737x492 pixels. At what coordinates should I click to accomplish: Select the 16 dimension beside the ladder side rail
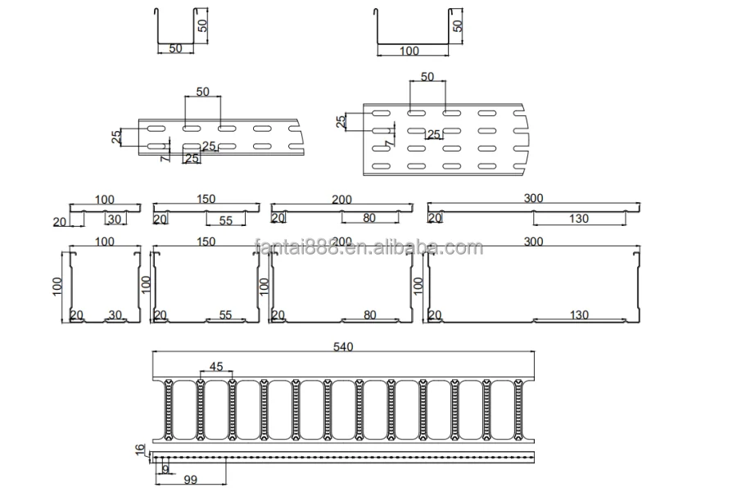[139, 449]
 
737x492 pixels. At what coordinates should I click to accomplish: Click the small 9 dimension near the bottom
[165, 470]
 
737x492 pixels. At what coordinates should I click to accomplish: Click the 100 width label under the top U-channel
[409, 51]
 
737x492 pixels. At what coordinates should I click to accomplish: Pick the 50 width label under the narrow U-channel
[175, 49]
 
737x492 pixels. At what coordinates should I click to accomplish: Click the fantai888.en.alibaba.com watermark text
[368, 247]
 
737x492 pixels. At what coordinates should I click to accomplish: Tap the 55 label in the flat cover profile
[226, 219]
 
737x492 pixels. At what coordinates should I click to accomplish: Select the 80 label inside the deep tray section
[368, 315]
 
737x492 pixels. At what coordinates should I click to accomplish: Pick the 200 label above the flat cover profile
[341, 199]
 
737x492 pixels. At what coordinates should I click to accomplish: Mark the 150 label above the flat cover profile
[206, 199]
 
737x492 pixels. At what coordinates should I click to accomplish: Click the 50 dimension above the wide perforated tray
[427, 76]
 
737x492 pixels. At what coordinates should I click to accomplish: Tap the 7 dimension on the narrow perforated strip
[165, 156]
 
